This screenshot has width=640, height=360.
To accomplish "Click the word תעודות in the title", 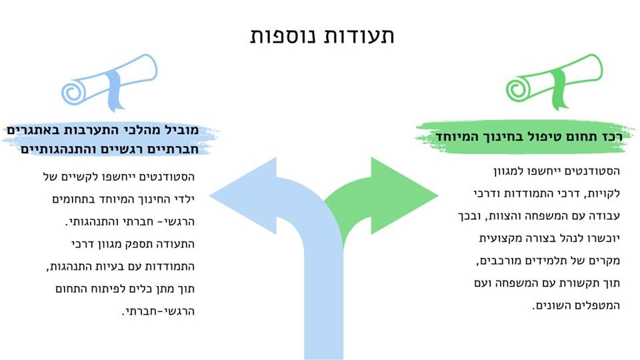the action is pos(359,35).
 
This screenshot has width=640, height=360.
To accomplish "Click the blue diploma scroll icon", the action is pos(109,83).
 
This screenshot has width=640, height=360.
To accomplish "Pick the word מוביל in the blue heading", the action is pos(181,130).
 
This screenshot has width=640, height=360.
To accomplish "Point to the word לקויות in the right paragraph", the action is pos(605,193).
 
